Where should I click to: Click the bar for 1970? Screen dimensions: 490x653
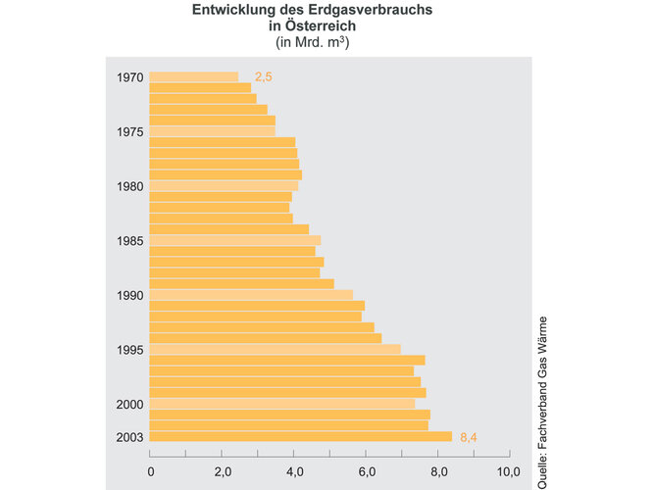(x=194, y=77)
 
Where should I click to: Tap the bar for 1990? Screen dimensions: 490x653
(x=251, y=295)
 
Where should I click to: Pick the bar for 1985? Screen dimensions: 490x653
(x=235, y=240)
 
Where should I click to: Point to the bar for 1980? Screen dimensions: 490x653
(x=224, y=186)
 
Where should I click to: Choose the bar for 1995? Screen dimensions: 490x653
(x=275, y=350)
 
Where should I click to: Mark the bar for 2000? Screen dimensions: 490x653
(x=282, y=404)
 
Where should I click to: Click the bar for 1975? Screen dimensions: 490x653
(x=212, y=131)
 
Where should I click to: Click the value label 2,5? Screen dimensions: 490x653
(x=263, y=77)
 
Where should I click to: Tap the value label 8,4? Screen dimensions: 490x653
(x=468, y=437)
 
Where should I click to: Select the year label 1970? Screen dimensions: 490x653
(x=129, y=77)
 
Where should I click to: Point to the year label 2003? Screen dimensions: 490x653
(x=129, y=437)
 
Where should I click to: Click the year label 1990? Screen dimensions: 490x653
(x=129, y=295)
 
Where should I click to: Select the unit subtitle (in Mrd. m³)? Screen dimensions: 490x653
(x=309, y=42)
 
